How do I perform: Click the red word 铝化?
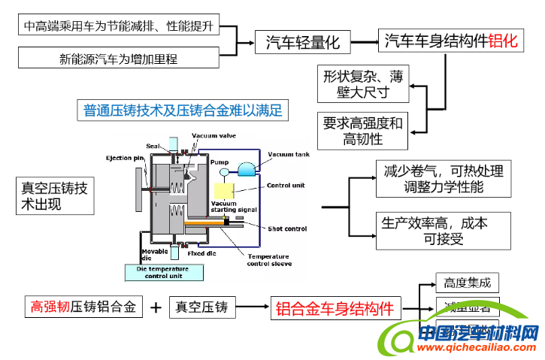(503, 41)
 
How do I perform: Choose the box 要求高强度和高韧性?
(362, 130)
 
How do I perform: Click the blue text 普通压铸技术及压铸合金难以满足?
(183, 110)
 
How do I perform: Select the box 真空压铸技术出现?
(55, 197)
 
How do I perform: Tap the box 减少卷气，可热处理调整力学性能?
(443, 177)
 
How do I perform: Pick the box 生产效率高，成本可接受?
(443, 231)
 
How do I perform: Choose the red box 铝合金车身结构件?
(335, 307)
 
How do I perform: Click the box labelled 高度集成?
(467, 283)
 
